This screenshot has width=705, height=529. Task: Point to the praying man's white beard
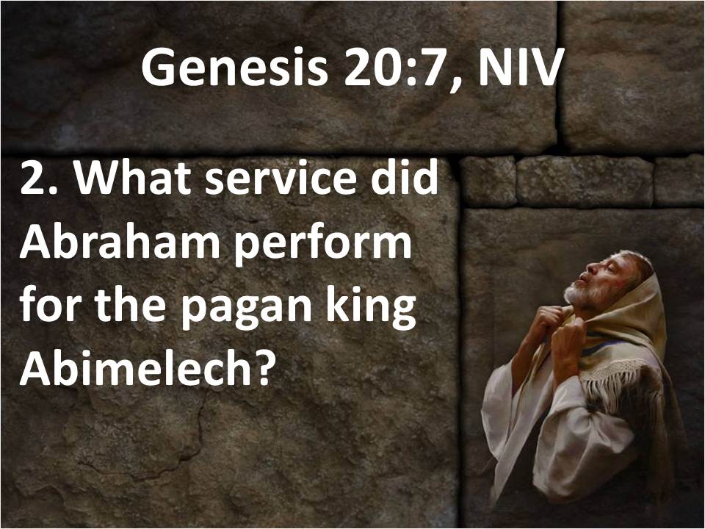coord(582,294)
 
